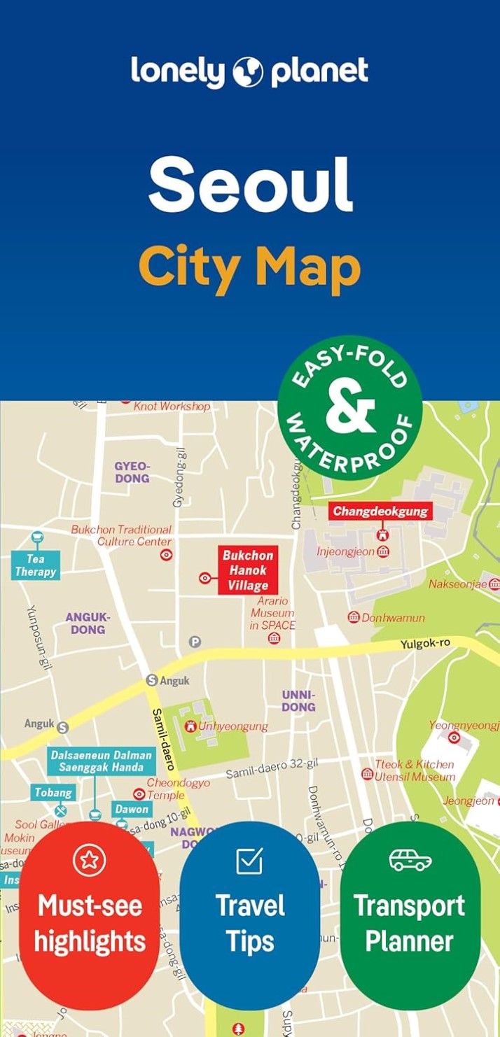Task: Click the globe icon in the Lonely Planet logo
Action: [249, 72]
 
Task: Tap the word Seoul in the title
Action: [250, 185]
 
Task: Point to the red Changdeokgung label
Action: [380, 511]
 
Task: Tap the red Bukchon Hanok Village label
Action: [248, 570]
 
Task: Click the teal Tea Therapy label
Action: [36, 565]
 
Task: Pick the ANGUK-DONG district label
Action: [88, 623]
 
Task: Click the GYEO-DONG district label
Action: [132, 472]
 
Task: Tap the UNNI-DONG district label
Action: [299, 700]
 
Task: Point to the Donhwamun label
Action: [394, 618]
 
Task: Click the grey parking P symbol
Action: [195, 642]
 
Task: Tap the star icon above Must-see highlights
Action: [89, 860]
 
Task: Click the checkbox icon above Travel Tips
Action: [249, 860]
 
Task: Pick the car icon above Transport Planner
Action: [410, 860]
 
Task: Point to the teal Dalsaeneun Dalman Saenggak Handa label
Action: [102, 761]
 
